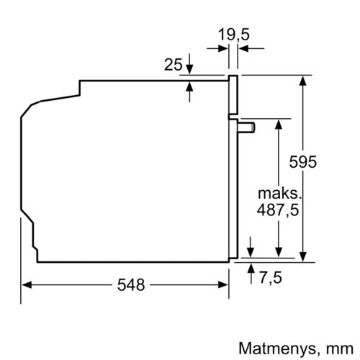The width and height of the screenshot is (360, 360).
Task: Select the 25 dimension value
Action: (173, 66)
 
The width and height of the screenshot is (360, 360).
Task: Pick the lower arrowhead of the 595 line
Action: (302, 252)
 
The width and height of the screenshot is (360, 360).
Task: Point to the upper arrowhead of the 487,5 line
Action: (276, 125)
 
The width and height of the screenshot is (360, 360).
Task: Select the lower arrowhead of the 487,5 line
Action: (276, 252)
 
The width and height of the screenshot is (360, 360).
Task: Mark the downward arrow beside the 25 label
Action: (189, 68)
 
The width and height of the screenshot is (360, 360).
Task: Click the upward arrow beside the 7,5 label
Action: (250, 269)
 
